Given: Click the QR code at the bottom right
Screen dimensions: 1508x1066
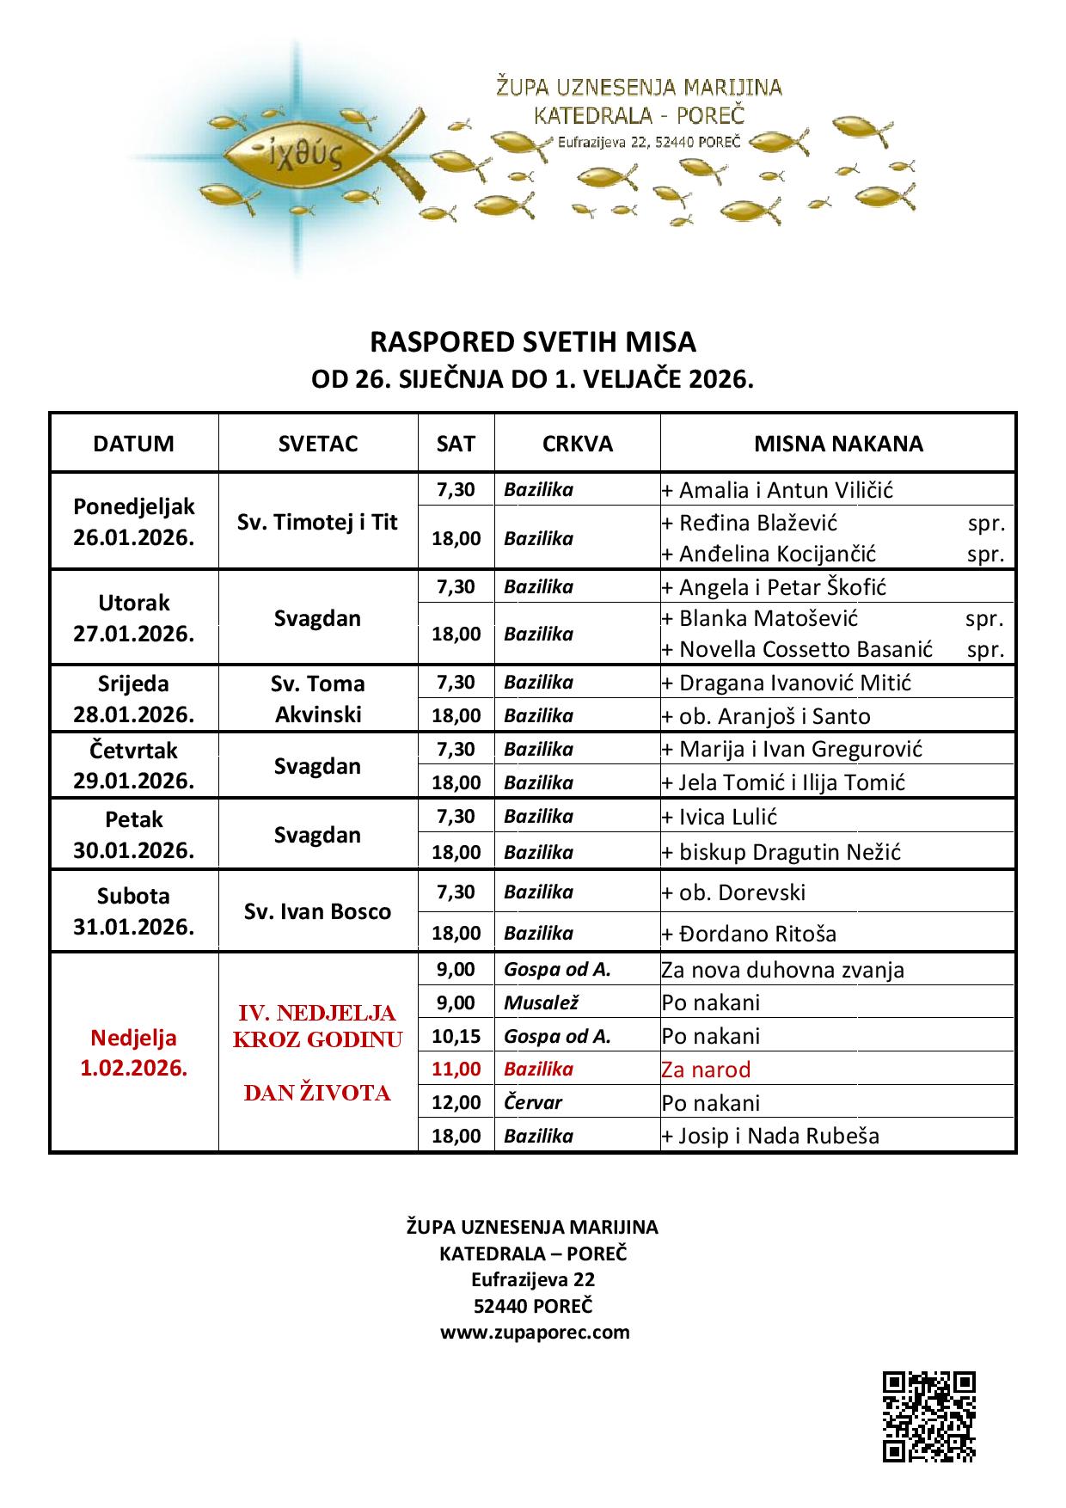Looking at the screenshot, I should (x=928, y=1416).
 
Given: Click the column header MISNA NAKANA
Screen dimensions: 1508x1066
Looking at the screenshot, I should (x=838, y=444).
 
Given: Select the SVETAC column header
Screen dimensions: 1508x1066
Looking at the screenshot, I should (x=318, y=444).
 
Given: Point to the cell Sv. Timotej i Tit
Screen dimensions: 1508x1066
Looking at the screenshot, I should (x=318, y=522).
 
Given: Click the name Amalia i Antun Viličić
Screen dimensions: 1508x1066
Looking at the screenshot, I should (x=786, y=490).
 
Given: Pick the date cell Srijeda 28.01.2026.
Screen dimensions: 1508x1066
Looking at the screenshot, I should (x=133, y=698).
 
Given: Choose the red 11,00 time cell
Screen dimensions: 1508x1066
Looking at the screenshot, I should (x=456, y=1069).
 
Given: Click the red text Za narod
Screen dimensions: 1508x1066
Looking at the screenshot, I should (x=706, y=1070).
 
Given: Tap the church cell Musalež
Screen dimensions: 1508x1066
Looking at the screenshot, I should (x=542, y=1002).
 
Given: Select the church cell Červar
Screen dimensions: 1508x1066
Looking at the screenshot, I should (x=534, y=1102).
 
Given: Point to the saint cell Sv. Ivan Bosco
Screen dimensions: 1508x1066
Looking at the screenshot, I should (x=318, y=911).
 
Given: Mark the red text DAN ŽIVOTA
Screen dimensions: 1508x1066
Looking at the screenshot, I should (x=317, y=1093).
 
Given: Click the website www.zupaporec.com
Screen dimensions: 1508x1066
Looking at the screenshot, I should (x=535, y=1332).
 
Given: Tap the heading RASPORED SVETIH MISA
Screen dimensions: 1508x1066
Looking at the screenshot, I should (x=532, y=342).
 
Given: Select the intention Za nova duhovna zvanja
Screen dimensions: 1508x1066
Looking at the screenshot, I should (x=782, y=970).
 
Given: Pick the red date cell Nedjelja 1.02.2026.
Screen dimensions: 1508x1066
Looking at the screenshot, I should (x=133, y=1053).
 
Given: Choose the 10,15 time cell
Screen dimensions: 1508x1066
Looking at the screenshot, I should (x=456, y=1036).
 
